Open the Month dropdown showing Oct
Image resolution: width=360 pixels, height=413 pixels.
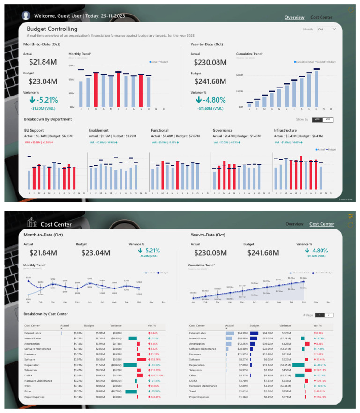[x=327, y=29]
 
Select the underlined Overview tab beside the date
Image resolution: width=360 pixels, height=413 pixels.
[x=294, y=17]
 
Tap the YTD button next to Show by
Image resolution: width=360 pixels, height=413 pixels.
[x=328, y=119]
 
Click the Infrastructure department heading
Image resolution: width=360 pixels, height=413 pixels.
[x=289, y=130]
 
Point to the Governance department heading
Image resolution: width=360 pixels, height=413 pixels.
[x=225, y=130]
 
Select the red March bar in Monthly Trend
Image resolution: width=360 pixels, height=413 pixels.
[x=96, y=90]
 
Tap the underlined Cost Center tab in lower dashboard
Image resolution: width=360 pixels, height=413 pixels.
[x=322, y=224]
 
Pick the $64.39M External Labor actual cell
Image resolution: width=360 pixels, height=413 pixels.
[x=229, y=333]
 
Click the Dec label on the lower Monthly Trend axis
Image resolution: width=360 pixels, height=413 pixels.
[x=163, y=302]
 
